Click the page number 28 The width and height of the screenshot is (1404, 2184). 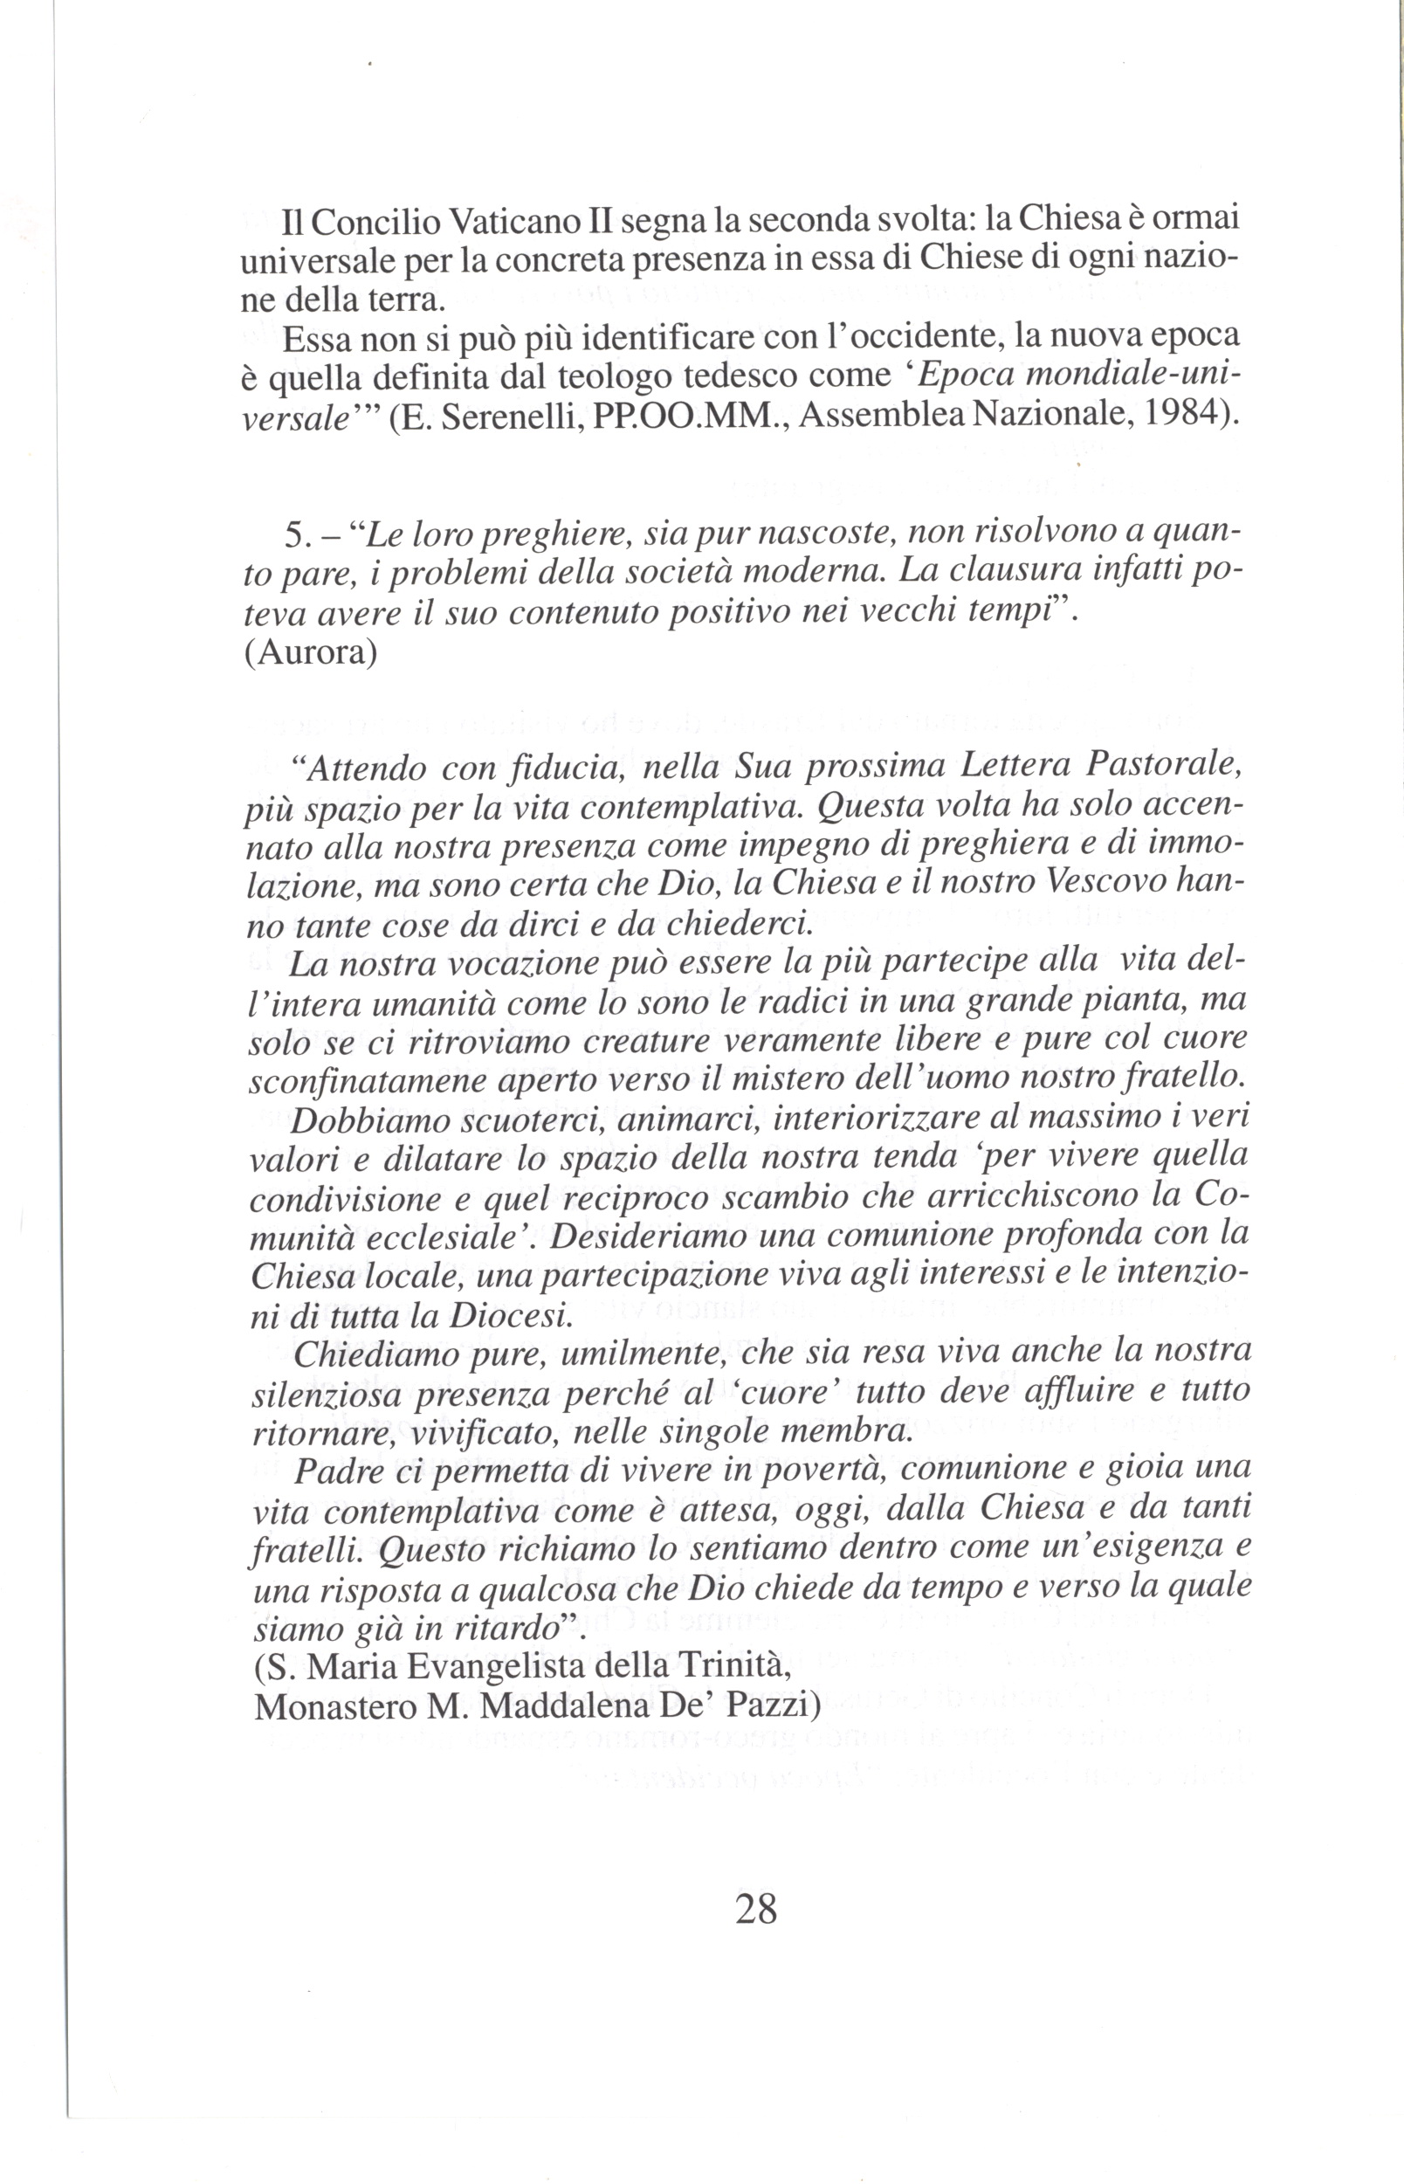tap(756, 1908)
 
